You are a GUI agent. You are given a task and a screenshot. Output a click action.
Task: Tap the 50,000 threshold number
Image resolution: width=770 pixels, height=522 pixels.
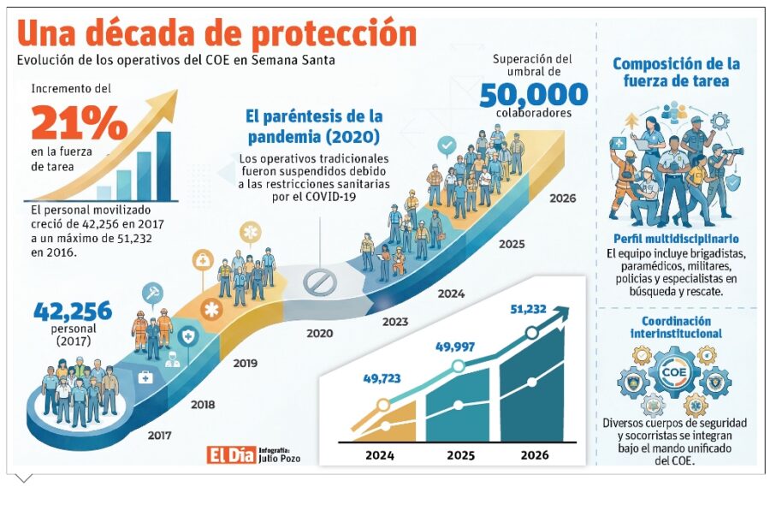click(534, 93)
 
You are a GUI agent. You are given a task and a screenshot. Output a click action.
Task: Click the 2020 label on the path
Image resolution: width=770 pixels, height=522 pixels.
click(319, 333)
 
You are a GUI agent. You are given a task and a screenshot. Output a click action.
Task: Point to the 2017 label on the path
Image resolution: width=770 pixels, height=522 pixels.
click(159, 435)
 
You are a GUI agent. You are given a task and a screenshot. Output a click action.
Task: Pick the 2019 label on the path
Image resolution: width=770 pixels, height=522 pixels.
click(245, 363)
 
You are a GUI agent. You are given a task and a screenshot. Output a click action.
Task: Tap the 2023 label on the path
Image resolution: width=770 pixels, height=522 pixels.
click(394, 322)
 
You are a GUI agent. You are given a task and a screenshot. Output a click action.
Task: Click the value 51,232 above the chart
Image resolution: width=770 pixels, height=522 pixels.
click(528, 310)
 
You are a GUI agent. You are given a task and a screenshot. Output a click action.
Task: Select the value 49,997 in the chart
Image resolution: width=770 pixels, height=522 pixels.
click(455, 347)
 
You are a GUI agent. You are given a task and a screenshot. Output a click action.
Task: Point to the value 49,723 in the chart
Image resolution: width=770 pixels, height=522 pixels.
click(382, 377)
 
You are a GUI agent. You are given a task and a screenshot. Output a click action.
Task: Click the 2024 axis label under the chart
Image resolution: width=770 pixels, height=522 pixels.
click(380, 455)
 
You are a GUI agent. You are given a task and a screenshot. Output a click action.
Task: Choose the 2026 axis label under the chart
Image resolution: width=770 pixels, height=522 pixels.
click(535, 455)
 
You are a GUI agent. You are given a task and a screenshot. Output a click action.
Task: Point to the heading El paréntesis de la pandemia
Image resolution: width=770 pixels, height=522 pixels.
click(314, 126)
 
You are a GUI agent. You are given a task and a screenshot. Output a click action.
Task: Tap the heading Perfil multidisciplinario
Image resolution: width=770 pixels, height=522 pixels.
click(676, 239)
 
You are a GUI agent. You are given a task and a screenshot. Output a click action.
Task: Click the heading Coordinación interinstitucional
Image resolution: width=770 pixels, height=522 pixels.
click(676, 327)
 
